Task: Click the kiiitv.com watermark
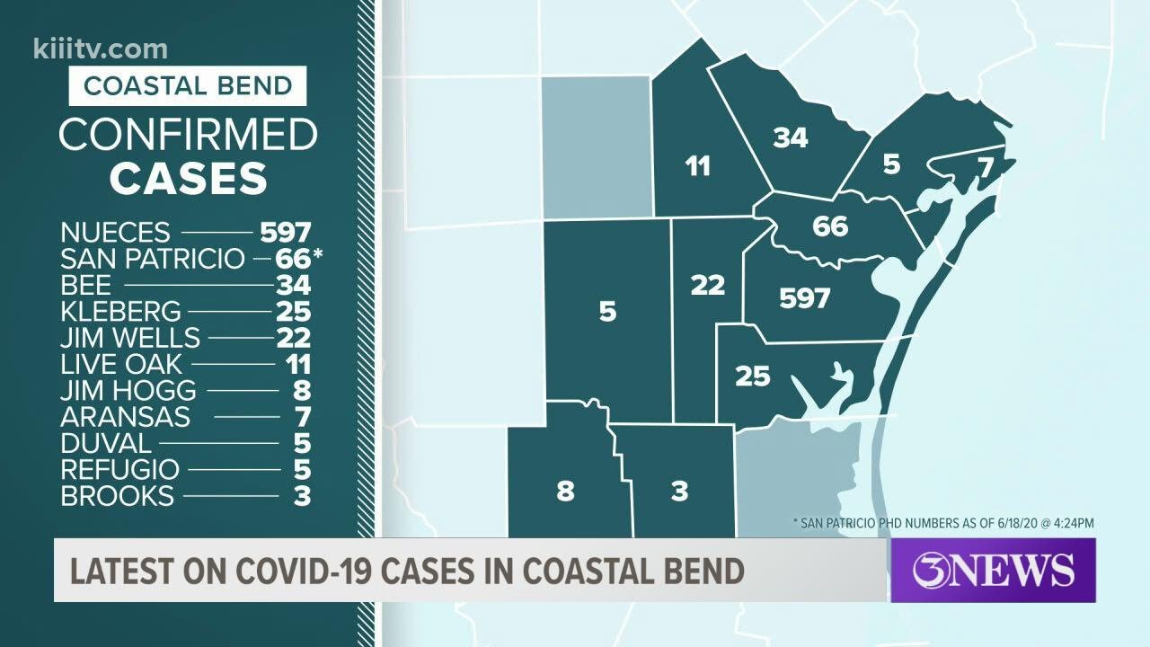(100, 49)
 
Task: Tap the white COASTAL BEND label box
(188, 86)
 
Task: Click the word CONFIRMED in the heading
(188, 135)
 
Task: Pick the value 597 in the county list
(285, 232)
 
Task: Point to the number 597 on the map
(804, 298)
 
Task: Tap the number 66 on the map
(829, 226)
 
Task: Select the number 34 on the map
(791, 137)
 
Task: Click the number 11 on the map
(697, 166)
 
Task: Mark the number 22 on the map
(707, 285)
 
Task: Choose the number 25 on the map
(752, 376)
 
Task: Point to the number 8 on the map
(565, 492)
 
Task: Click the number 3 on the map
(679, 492)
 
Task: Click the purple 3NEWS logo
(993, 571)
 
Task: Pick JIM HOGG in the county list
(128, 391)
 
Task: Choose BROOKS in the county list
(117, 495)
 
